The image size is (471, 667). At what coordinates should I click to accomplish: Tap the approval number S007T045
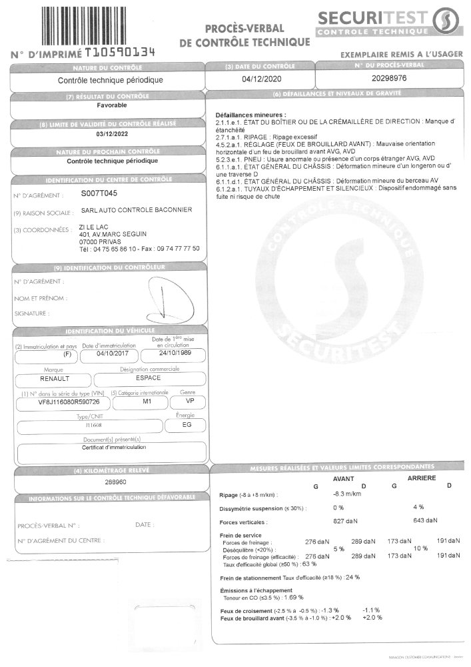pyautogui.click(x=98, y=193)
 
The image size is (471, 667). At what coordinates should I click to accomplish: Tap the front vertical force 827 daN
pyautogui.click(x=345, y=520)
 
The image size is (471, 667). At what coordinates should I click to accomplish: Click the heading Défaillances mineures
pyautogui.click(x=250, y=115)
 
